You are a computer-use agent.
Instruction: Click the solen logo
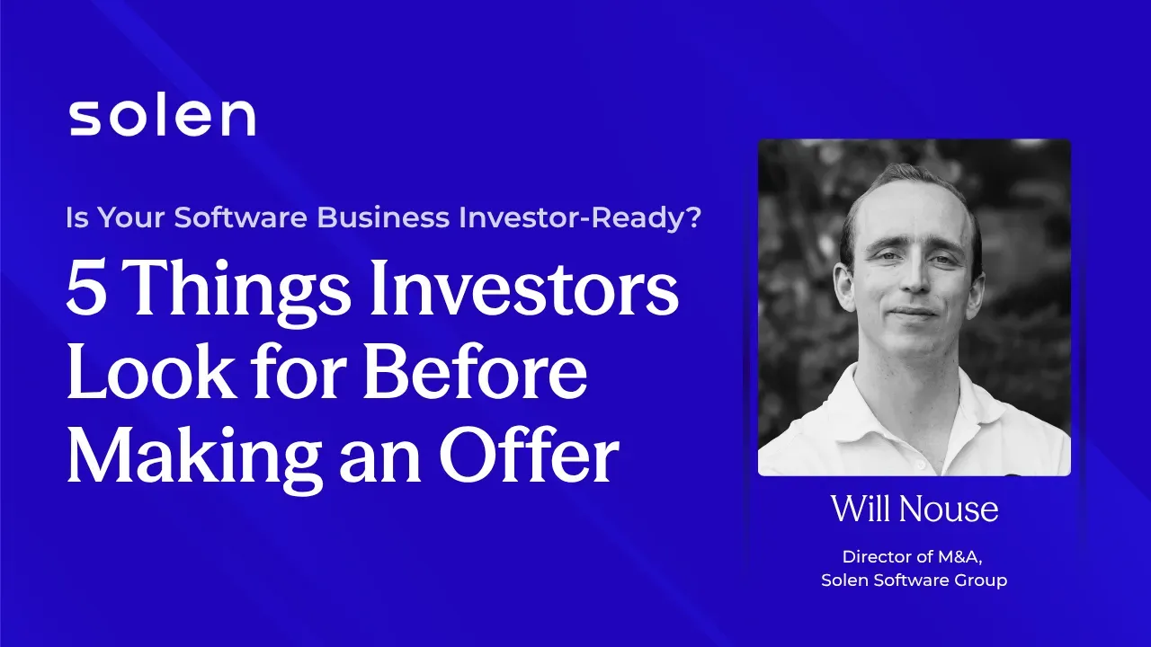[x=162, y=117]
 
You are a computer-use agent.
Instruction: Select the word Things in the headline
[x=233, y=293]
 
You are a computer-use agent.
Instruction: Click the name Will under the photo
[x=859, y=510]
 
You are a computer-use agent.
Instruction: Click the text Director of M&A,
[x=914, y=556]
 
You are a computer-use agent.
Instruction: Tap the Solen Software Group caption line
[x=914, y=581]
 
